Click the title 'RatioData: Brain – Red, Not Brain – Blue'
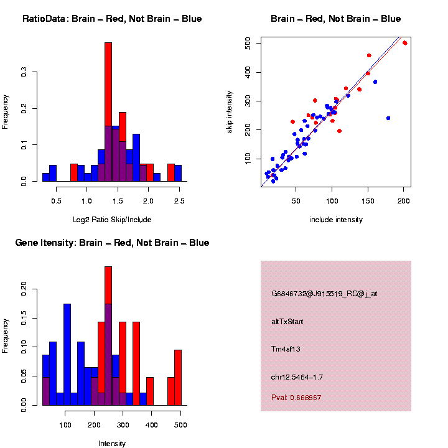112,19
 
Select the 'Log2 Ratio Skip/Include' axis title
112,219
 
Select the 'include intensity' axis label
336,220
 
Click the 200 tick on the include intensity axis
403,200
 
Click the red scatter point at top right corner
405,43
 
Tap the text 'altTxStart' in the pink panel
287,322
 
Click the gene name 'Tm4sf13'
286,349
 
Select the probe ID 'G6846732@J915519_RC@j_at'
324,294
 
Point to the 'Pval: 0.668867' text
296,397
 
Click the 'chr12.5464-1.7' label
297,377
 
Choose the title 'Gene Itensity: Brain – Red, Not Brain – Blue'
112,243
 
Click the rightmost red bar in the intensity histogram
178,377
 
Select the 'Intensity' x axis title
112,444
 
